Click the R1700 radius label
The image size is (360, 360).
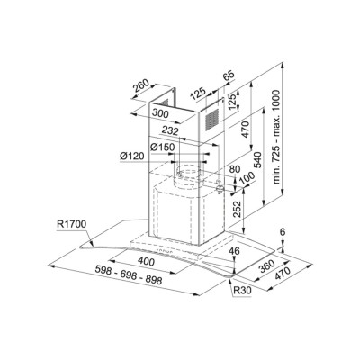[71, 224]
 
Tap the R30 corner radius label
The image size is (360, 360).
[242, 290]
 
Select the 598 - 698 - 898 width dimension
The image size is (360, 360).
[129, 274]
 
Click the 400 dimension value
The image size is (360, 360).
[146, 262]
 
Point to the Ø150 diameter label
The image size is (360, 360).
[162, 147]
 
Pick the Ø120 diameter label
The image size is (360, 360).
[132, 156]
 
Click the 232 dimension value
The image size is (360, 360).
[170, 130]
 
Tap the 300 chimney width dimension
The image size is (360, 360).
[160, 113]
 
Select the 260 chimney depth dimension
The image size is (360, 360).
[141, 85]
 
